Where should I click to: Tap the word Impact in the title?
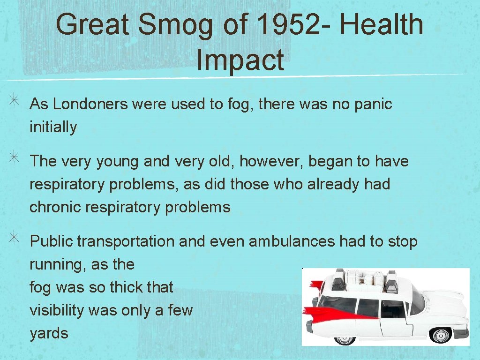pos(240,60)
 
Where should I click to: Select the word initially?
pos(53,127)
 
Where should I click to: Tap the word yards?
pos(49,333)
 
